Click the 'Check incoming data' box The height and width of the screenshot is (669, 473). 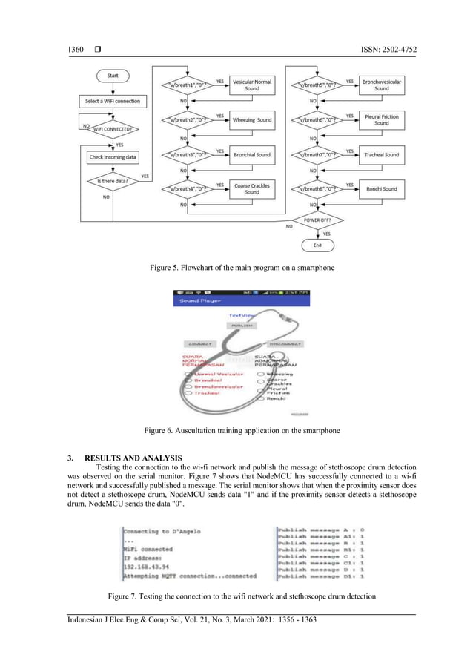112,157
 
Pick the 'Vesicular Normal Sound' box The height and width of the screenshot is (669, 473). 252,85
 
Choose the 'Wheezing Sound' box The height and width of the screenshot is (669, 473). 252,119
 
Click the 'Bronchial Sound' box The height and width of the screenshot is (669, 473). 252,155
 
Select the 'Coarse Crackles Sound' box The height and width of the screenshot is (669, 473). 252,188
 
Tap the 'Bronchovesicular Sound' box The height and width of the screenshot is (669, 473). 381,85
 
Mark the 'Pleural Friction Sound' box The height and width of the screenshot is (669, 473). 381,119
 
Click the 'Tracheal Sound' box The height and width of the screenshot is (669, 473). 381,155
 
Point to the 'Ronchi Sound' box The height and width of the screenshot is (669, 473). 381,188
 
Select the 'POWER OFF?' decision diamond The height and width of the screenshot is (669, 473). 317,220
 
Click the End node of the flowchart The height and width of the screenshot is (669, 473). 317,245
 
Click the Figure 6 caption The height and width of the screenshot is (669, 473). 236,429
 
